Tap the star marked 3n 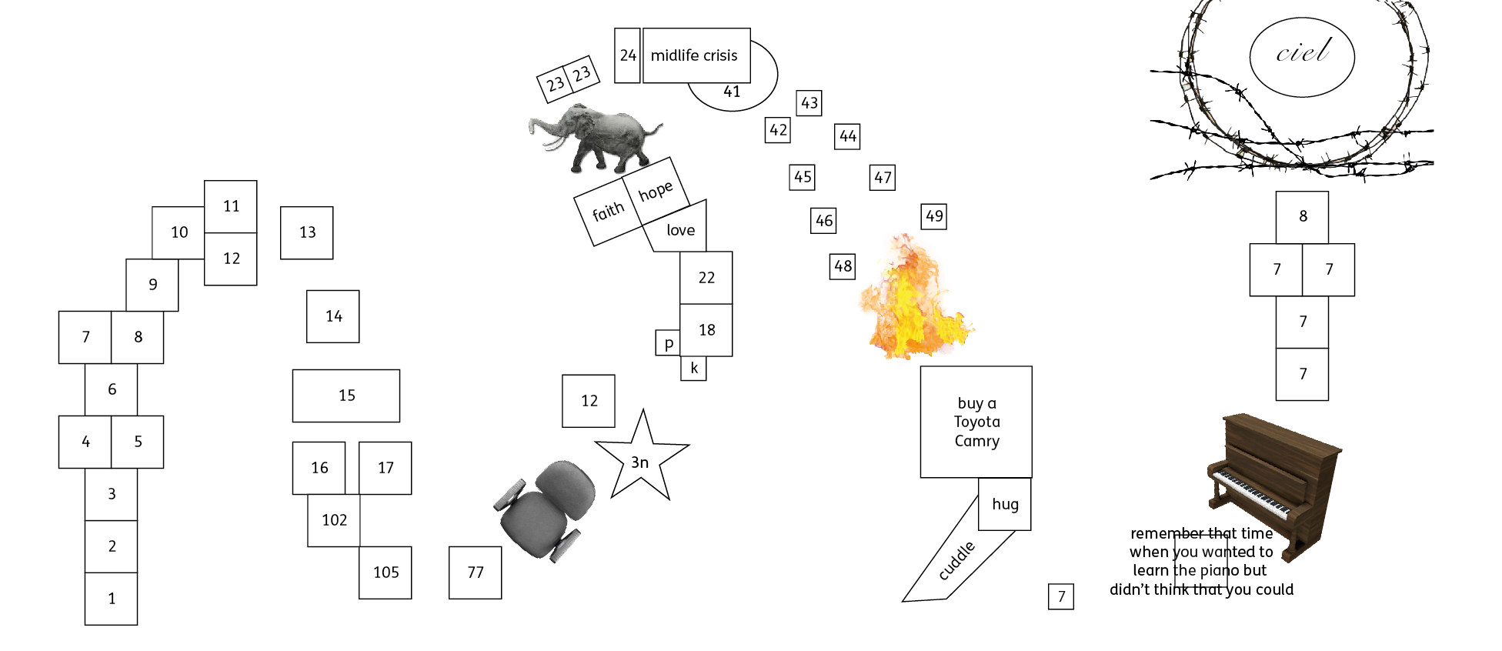pyautogui.click(x=641, y=460)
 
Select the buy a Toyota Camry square pyautogui.click(x=976, y=422)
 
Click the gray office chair pyautogui.click(x=546, y=509)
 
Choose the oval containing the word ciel pyautogui.click(x=1302, y=57)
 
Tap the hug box pyautogui.click(x=1005, y=504)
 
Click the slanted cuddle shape pyautogui.click(x=958, y=558)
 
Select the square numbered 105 pyautogui.click(x=386, y=573)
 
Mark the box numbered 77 pyautogui.click(x=476, y=573)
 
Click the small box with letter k pyautogui.click(x=694, y=369)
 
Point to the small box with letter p pyautogui.click(x=668, y=343)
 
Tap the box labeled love pyautogui.click(x=677, y=229)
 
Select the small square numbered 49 pyautogui.click(x=934, y=216)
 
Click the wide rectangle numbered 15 pyautogui.click(x=346, y=396)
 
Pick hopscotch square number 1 pyautogui.click(x=112, y=599)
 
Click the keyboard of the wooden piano pyautogui.click(x=1250, y=492)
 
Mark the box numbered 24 pyautogui.click(x=628, y=55)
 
